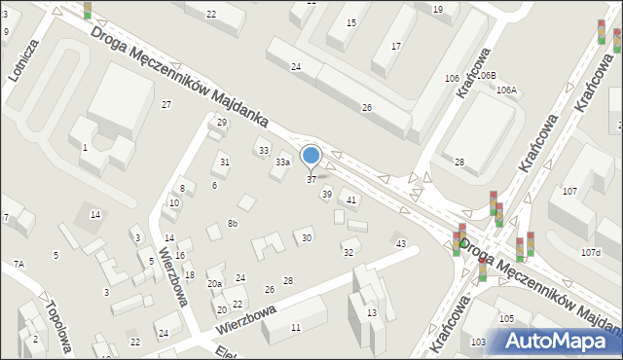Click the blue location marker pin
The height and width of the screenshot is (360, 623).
(x=311, y=156)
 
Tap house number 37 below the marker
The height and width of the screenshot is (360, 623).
(x=311, y=179)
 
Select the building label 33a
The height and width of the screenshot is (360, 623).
(x=282, y=162)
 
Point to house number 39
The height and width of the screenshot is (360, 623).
(x=327, y=195)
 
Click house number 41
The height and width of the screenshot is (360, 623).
(x=351, y=200)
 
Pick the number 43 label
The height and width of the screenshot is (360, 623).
(x=400, y=243)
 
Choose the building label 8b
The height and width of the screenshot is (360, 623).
(x=233, y=224)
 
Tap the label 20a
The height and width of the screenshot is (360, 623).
(x=214, y=284)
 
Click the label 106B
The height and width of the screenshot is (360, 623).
(x=486, y=75)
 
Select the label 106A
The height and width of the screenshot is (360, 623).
(x=507, y=90)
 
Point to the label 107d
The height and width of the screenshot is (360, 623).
(x=591, y=253)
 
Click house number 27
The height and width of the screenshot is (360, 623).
(x=166, y=104)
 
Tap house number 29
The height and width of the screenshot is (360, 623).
(x=222, y=123)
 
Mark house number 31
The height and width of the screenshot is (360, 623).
(x=225, y=162)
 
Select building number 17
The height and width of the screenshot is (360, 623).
(x=395, y=47)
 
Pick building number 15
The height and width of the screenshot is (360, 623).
(x=350, y=22)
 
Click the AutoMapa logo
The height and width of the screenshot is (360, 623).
(x=559, y=341)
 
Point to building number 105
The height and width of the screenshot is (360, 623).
(x=506, y=319)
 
